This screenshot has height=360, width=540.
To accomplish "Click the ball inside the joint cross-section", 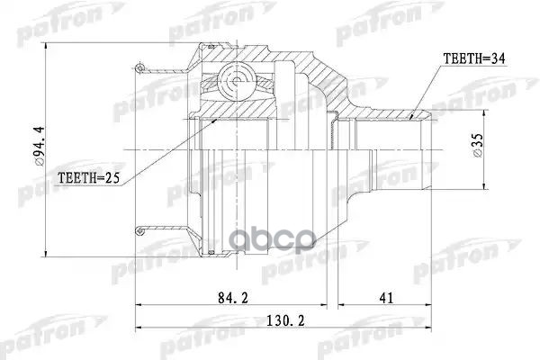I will [235, 83].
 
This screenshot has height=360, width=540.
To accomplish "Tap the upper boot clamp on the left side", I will [143, 67].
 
